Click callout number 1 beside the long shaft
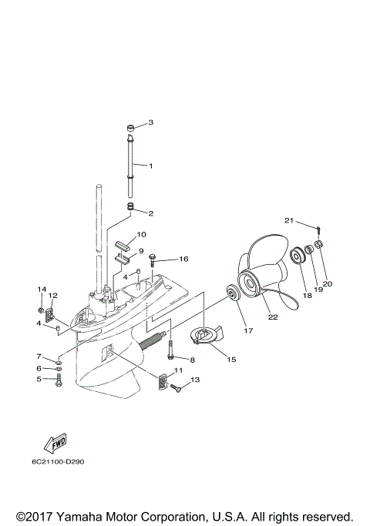tap(150, 166)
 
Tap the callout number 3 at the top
tap(150, 122)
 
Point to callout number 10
tap(141, 234)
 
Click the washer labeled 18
tap(295, 255)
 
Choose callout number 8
tap(192, 360)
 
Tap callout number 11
tap(178, 370)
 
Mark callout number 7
tap(38, 357)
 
